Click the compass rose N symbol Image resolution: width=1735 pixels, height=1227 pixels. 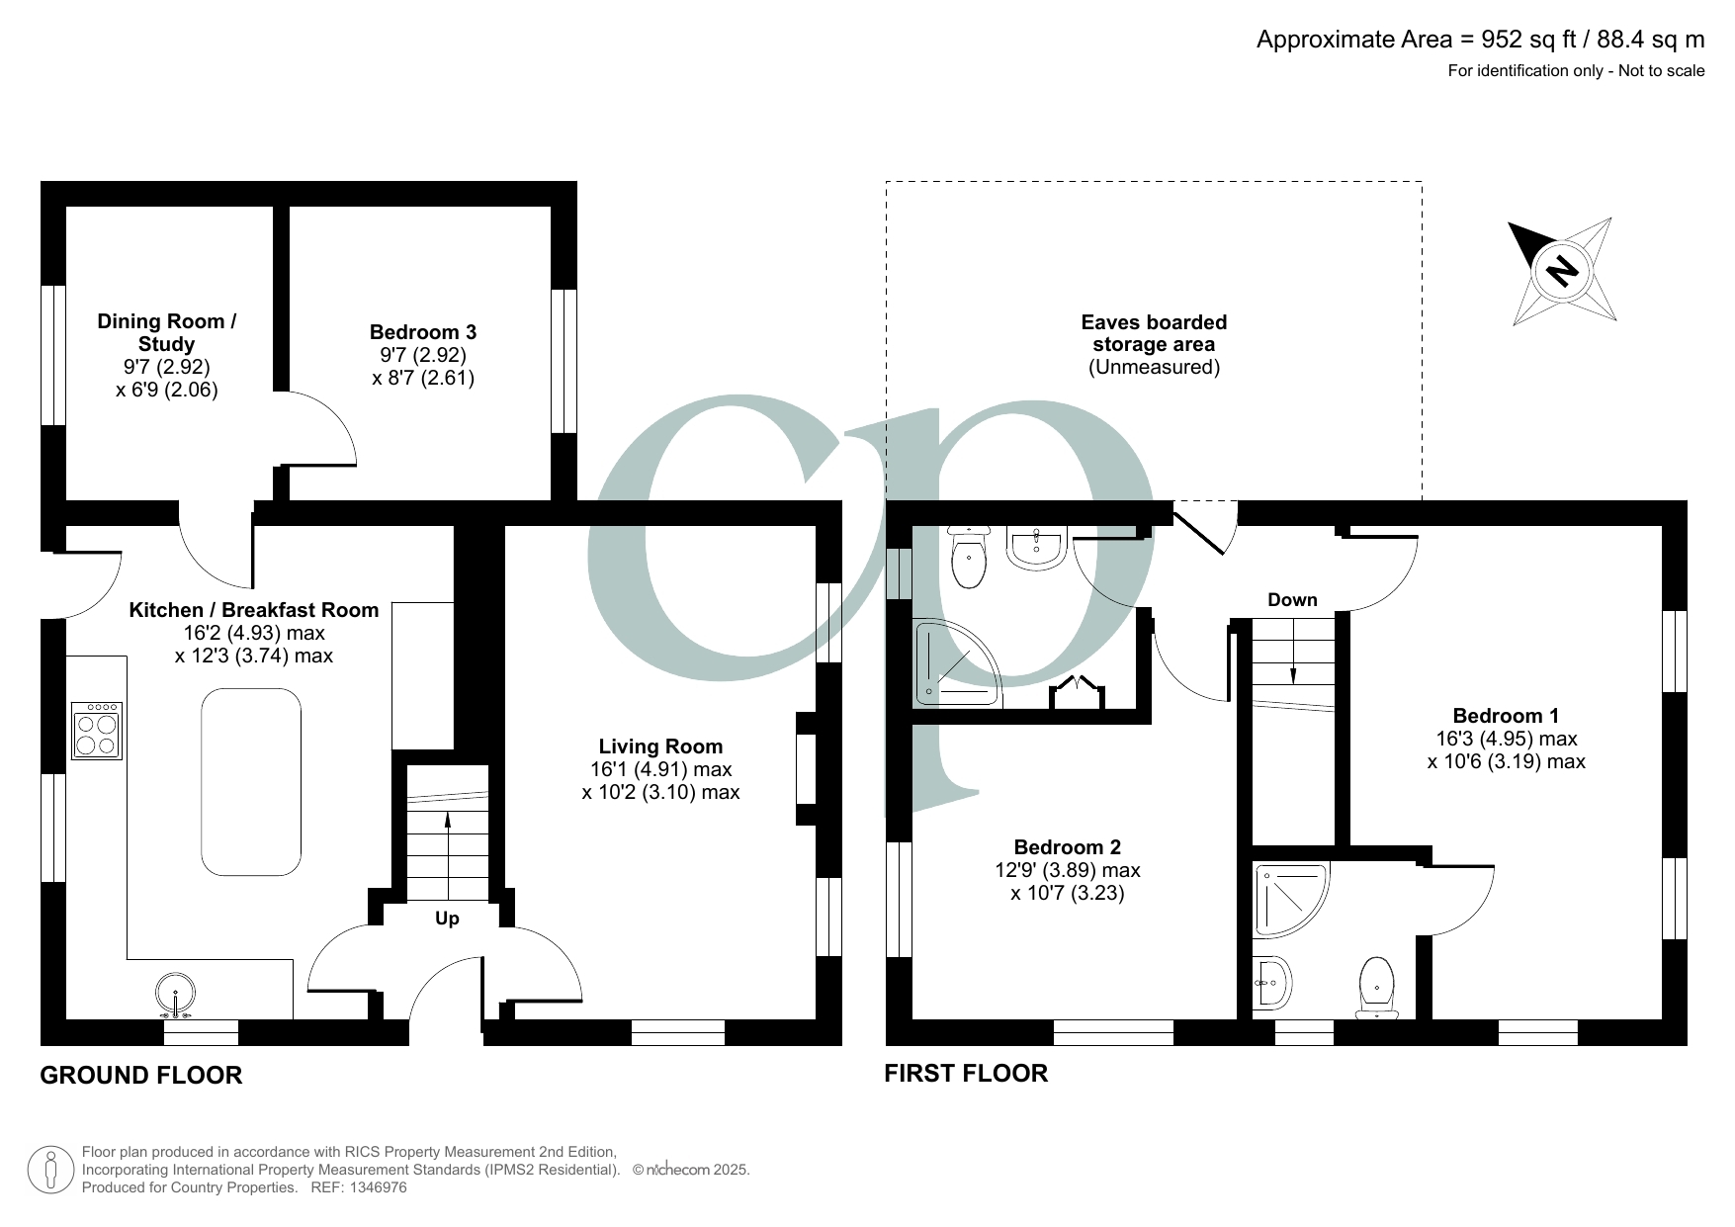1562,270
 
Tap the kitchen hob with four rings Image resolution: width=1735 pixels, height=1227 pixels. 97,731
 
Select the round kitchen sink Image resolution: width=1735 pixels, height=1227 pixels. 174,992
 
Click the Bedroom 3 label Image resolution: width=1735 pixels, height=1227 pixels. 423,332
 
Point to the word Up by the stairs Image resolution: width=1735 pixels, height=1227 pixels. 447,919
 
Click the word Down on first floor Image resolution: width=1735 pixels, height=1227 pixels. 1292,600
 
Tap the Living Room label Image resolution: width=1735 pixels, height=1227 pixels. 660,746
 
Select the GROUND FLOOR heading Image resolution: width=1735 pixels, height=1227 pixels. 140,1075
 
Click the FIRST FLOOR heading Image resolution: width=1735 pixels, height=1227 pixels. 965,1073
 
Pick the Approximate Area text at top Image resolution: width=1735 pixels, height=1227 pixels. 1480,40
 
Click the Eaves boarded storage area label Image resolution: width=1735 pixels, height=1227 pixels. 1154,333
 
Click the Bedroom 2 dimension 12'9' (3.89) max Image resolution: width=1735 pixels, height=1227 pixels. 1067,870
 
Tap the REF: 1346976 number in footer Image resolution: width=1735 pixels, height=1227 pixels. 373,1187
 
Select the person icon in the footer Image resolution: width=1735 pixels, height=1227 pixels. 50,1171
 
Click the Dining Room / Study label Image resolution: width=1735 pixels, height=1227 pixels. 167,332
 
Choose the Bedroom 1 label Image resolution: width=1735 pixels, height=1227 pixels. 1505,716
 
